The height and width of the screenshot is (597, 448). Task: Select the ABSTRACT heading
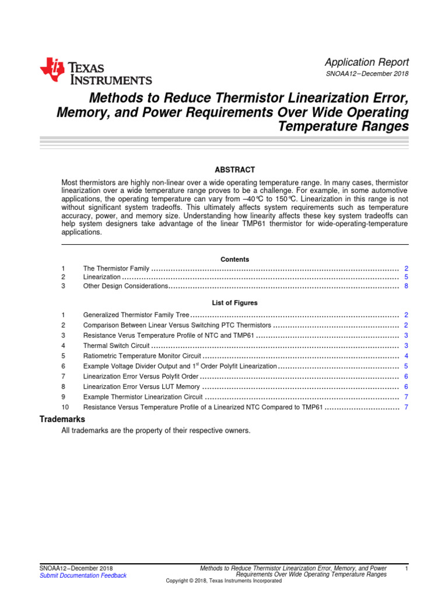coord(235,170)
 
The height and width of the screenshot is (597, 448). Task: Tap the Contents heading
coord(235,259)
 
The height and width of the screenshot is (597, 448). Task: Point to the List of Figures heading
coord(235,303)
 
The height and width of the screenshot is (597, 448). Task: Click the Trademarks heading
coord(62,419)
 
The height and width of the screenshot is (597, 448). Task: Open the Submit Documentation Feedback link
coord(83,575)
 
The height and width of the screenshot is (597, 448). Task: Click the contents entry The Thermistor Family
coord(116,268)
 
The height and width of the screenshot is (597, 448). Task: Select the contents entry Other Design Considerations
coord(125,286)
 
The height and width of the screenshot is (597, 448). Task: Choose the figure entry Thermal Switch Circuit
coord(117,346)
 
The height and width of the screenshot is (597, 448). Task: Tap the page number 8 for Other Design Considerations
coord(406,286)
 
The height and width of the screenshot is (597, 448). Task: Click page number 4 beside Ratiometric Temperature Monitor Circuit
coord(406,356)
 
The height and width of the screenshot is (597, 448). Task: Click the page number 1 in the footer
coord(406,568)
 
